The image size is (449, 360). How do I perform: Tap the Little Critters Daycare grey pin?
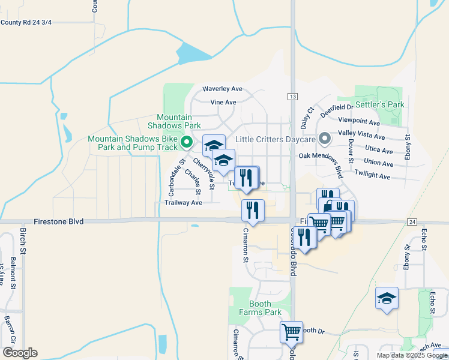(325, 139)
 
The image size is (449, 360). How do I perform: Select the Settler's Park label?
(387, 104)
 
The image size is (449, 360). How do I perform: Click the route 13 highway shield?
(292, 97)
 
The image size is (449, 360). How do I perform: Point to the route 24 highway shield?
(411, 222)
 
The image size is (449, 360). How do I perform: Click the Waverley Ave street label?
(221, 89)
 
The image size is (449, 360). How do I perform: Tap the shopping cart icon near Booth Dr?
(292, 331)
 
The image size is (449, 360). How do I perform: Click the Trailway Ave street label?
(183, 203)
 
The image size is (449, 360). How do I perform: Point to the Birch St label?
(23, 239)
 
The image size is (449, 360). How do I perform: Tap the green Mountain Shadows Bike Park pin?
(186, 143)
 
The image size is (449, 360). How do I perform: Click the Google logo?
(20, 353)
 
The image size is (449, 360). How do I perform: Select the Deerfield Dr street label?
(337, 107)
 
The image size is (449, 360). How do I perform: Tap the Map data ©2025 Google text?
(411, 355)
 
